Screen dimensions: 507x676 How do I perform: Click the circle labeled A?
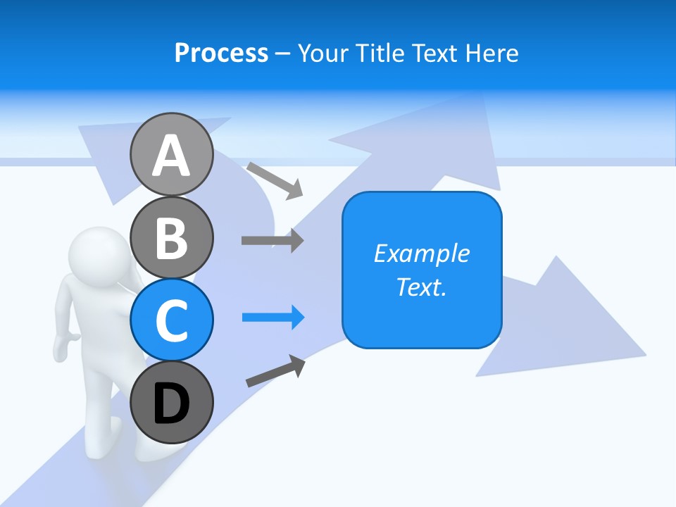point(171,154)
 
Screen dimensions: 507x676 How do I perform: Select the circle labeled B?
point(171,237)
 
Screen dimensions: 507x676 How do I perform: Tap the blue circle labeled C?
point(171,320)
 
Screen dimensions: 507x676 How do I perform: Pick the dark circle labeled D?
point(171,402)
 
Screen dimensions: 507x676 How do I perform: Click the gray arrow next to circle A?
point(275,180)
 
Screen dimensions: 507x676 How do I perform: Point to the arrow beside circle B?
point(272,240)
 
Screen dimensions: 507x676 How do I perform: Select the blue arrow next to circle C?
point(273,318)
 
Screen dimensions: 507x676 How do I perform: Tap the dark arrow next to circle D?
point(275,371)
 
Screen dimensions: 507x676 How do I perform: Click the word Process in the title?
point(221,53)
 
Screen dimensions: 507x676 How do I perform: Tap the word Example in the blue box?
point(421,254)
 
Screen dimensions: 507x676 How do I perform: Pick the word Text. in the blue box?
point(421,287)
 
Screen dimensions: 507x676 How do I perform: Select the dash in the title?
point(283,54)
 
